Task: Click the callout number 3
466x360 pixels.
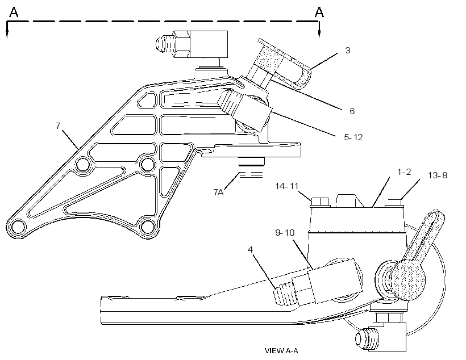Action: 347,50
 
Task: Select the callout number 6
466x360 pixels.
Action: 352,111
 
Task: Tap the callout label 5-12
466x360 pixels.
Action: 353,137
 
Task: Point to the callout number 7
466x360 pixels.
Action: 58,125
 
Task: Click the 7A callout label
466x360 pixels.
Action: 218,192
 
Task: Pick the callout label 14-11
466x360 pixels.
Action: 286,186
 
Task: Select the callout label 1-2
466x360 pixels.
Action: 404,171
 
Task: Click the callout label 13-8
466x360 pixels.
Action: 438,175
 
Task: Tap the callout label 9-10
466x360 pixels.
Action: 285,232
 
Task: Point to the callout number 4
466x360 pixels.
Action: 250,249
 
